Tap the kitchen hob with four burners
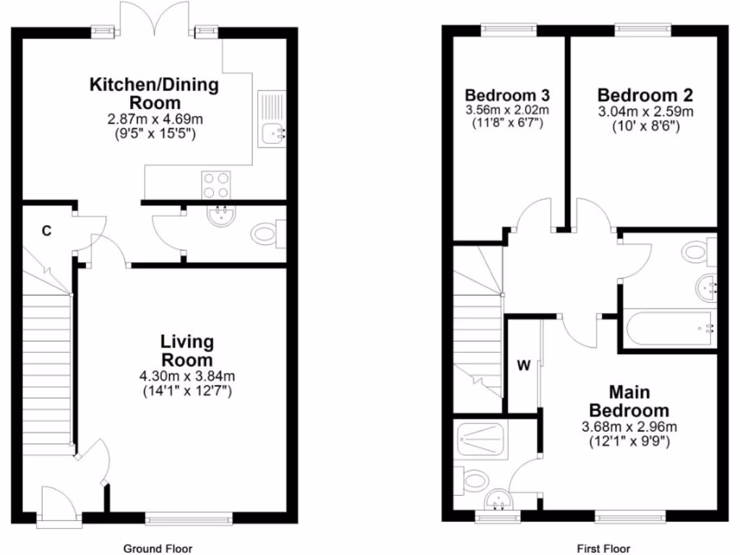[217, 184]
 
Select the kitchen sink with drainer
[272, 119]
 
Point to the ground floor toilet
[267, 234]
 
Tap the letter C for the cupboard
[46, 231]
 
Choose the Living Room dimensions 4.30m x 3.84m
[187, 377]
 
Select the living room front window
[189, 517]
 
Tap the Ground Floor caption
[158, 548]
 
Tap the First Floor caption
[603, 548]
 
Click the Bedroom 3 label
[507, 95]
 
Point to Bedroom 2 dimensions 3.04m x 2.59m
[645, 111]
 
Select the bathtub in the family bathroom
[670, 329]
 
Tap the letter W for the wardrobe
[523, 365]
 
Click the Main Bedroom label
[629, 401]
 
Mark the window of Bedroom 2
[643, 30]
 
